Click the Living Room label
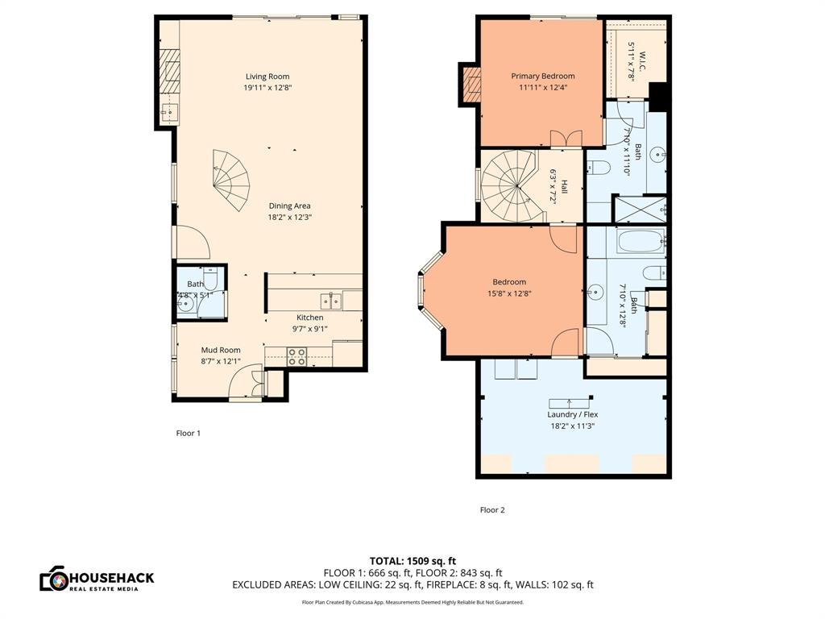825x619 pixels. coord(268,77)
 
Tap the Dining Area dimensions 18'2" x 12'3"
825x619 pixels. coord(289,217)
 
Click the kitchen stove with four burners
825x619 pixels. coord(296,356)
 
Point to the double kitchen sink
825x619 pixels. coord(331,301)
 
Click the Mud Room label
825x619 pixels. coord(220,350)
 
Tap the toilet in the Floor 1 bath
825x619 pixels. coord(211,280)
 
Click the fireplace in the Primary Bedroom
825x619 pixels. coord(471,85)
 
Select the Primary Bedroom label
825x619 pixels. coord(543,77)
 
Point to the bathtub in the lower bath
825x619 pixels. coord(641,241)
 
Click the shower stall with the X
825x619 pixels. coord(640,210)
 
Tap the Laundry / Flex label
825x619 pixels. coord(574,414)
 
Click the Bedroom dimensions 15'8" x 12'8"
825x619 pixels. coord(509,293)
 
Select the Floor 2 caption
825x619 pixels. coord(492,509)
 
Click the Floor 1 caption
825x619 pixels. coord(189,433)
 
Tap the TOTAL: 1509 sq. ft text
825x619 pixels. coord(412,561)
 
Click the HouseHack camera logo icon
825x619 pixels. coord(53,579)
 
